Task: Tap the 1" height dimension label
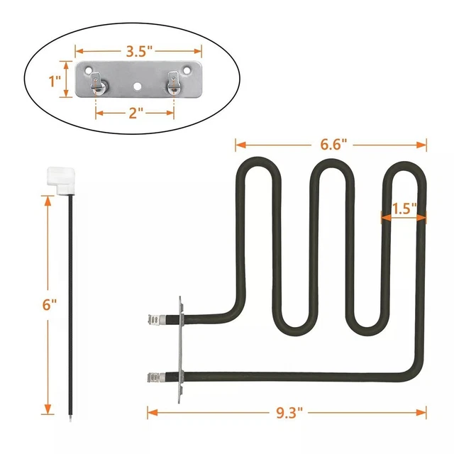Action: point(55,81)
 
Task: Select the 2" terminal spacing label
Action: point(135,113)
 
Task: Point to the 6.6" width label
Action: point(333,144)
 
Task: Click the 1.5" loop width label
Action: point(404,209)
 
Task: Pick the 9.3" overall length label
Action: point(289,412)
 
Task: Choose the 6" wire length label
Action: point(50,304)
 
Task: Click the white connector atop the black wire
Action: point(61,179)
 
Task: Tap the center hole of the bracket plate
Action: point(137,86)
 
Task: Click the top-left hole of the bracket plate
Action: point(88,70)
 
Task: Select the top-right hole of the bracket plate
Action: point(187,70)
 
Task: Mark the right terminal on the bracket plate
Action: point(173,83)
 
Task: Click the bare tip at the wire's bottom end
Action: point(70,419)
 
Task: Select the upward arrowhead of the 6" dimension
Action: point(48,201)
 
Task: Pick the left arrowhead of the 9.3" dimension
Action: point(153,412)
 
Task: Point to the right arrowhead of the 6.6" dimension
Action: point(421,145)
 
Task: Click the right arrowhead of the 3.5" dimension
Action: point(198,51)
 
